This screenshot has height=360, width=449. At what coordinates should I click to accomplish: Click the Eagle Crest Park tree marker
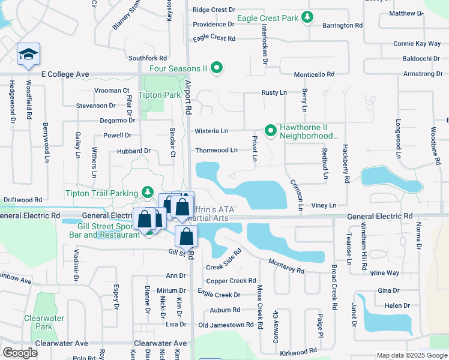(x=307, y=17)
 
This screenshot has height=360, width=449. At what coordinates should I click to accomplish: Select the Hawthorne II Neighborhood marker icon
(x=271, y=130)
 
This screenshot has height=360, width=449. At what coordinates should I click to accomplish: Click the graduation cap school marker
(x=28, y=55)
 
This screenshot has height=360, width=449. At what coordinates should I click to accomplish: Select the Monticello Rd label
(x=314, y=74)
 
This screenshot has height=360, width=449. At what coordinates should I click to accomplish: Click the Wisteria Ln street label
(x=211, y=131)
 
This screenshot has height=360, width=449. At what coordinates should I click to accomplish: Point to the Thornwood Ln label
(x=216, y=151)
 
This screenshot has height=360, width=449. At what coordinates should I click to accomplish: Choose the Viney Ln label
(x=324, y=205)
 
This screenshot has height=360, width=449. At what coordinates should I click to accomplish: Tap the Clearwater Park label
(x=43, y=322)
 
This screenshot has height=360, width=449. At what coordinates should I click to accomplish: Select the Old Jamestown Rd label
(x=226, y=325)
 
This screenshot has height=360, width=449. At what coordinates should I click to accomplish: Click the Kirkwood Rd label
(x=298, y=351)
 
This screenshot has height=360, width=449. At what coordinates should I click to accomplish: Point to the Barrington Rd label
(x=343, y=26)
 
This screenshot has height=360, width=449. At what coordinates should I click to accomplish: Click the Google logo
(x=20, y=353)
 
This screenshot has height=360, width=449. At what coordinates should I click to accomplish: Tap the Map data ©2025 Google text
(x=411, y=355)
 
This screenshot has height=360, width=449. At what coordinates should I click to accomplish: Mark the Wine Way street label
(x=385, y=273)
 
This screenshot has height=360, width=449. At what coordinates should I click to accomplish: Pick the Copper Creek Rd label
(x=231, y=281)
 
